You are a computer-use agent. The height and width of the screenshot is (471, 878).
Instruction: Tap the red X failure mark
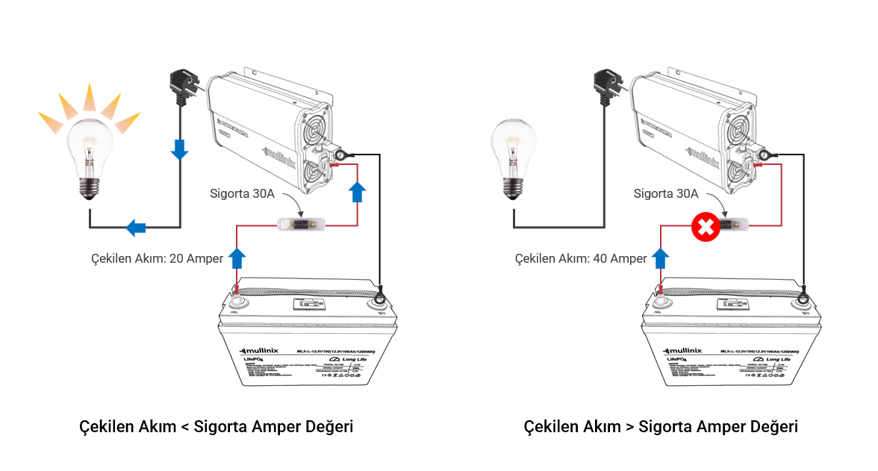tap(704, 228)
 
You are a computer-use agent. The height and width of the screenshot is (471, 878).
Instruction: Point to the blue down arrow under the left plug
tap(180, 149)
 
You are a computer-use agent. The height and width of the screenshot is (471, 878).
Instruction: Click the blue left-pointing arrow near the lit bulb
tap(135, 227)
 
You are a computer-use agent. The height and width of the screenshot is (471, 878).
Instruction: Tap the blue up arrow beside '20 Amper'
tap(237, 258)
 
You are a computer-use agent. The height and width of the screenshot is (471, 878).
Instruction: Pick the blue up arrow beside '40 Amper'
tap(661, 258)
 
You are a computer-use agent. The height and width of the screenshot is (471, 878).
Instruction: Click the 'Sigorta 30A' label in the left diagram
tap(243, 194)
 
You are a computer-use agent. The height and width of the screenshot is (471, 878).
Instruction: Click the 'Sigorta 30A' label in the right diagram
tap(666, 194)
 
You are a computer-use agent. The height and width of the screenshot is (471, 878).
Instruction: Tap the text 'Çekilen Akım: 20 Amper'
tap(157, 258)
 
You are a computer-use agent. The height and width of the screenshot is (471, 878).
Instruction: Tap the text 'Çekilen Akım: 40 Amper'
tap(581, 258)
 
